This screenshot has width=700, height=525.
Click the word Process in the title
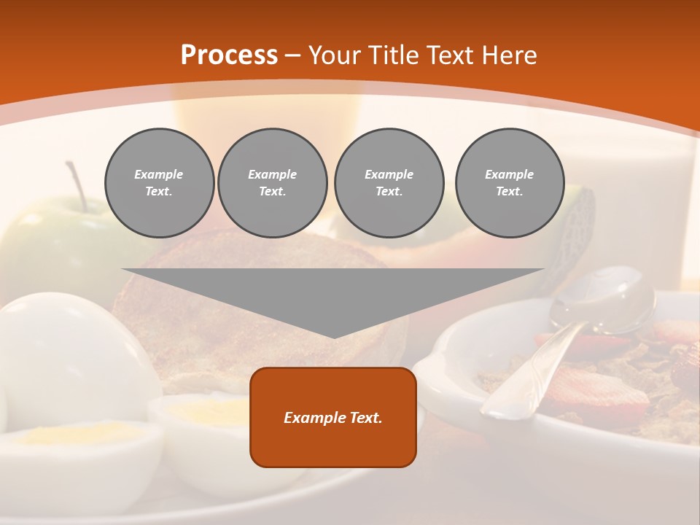point(229,55)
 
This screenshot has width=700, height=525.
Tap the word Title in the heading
point(392,55)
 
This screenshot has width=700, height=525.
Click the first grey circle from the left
point(159,183)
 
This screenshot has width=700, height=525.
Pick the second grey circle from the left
point(273,183)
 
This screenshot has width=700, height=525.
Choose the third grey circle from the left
point(389,183)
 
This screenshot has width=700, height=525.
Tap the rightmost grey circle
point(510,183)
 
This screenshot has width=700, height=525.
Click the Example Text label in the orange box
point(333,418)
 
